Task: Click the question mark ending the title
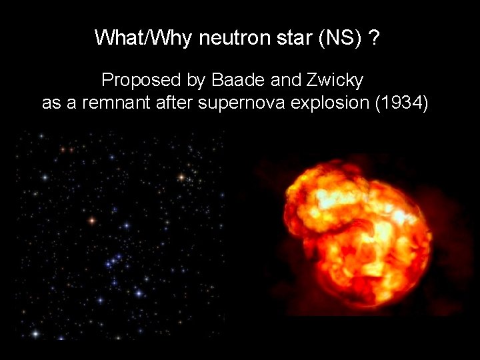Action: click(x=375, y=38)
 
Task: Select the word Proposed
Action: click(x=139, y=81)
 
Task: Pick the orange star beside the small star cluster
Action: click(x=181, y=177)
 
